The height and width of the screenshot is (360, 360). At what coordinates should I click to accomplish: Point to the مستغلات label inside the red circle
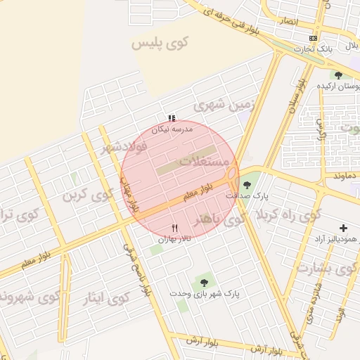(205, 161)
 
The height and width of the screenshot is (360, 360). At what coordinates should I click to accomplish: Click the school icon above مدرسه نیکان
(172, 118)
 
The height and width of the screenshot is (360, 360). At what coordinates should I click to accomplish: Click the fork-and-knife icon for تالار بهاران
(175, 228)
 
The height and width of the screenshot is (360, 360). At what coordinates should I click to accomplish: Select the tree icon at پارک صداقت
(252, 186)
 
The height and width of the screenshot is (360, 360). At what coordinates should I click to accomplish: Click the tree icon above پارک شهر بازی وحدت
(204, 283)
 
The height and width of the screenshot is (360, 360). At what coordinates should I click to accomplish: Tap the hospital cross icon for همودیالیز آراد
(343, 228)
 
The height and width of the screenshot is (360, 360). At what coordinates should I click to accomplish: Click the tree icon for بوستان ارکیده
(339, 75)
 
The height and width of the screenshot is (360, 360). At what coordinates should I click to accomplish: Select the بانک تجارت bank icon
(313, 38)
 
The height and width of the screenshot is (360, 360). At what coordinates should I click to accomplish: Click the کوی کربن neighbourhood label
(88, 194)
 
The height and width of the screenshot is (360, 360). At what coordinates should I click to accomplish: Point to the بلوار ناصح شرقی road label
(137, 271)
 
